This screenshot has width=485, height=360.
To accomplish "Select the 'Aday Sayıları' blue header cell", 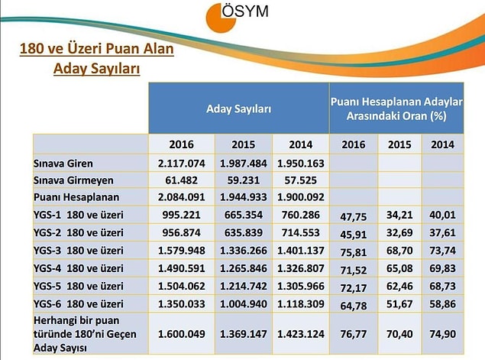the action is point(239,109).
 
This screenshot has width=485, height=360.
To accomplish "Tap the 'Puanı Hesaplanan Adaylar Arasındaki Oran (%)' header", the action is point(396,109).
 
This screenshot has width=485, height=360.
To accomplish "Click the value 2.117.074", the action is point(182,163).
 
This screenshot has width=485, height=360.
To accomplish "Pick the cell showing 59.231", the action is point(244,180).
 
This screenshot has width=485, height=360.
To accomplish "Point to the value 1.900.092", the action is point(301,197).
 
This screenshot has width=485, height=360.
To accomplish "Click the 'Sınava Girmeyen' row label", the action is point(73,180).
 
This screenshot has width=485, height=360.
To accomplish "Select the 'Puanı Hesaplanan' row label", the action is point(76,197).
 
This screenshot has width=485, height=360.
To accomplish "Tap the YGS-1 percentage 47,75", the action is point(353,216).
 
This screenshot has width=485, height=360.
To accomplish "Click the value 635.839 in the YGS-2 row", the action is point(244,232).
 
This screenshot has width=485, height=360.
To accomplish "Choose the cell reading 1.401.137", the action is point(301,251).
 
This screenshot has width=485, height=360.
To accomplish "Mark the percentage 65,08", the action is point(399,268).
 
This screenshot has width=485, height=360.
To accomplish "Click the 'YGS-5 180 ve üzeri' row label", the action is point(78,286).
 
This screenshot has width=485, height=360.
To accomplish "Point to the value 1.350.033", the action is point(182,304).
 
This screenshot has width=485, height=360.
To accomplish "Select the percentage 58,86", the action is point(443,304).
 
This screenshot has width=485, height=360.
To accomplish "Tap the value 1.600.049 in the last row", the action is point(182,334).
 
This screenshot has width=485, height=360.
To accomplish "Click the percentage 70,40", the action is point(399,334).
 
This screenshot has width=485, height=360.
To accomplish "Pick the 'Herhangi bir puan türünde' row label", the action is point(85,334).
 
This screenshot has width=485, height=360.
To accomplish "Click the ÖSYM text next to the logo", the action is point(245,11).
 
